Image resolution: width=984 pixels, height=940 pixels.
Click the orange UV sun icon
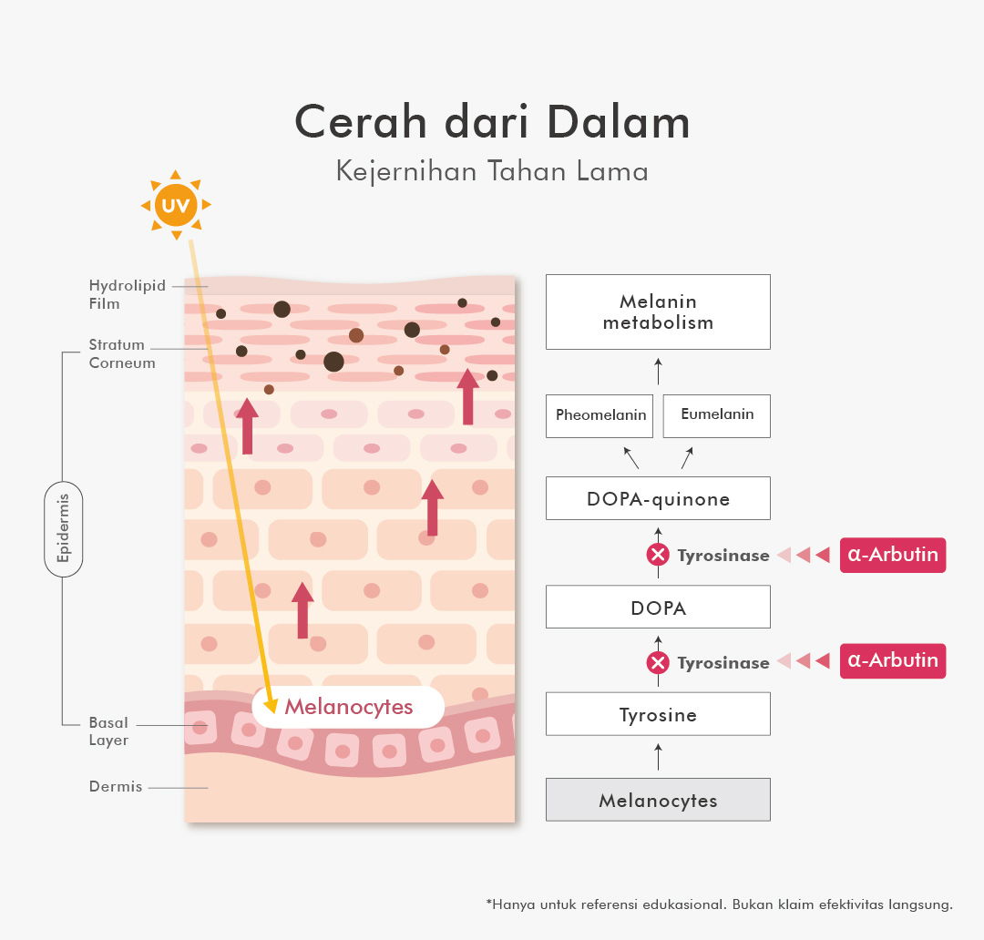pos(175,206)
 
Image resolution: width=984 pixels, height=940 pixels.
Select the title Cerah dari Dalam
pos(492,123)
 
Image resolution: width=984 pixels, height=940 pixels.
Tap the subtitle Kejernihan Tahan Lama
pos(492,171)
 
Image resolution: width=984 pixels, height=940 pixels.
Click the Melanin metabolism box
pos(658,312)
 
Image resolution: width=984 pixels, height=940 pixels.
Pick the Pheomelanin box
pos(600,415)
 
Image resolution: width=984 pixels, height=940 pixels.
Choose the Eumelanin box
pos(717,415)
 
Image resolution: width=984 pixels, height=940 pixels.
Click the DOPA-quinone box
pos(658,498)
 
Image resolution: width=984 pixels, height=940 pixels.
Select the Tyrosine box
pos(658,714)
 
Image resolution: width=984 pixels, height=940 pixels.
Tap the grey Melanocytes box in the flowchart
pos(658,800)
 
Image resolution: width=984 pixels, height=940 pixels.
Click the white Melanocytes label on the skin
pos(348,707)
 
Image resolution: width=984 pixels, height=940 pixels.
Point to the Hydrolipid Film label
pos(128,294)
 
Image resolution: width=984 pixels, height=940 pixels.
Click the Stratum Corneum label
pos(122,354)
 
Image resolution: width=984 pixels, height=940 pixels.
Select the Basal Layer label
pos(108,731)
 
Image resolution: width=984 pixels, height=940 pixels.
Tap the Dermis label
pos(116,786)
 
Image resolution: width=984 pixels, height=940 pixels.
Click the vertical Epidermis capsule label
pos(64,528)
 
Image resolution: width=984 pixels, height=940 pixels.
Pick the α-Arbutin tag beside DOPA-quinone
pos(893,555)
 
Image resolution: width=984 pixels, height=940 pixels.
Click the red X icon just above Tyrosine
pos(658,663)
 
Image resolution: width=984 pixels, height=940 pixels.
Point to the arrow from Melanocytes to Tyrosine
pos(658,756)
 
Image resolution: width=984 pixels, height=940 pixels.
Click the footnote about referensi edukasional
pos(720,904)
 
